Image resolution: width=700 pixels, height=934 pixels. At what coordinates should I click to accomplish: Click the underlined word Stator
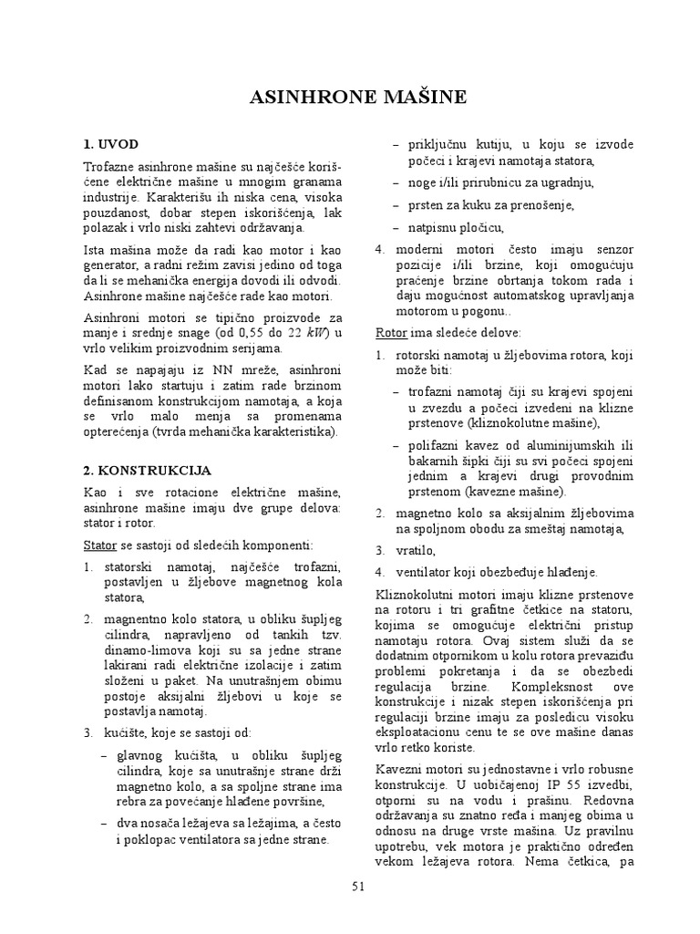(99, 544)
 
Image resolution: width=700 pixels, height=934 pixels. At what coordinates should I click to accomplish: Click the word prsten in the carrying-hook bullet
(427, 205)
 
